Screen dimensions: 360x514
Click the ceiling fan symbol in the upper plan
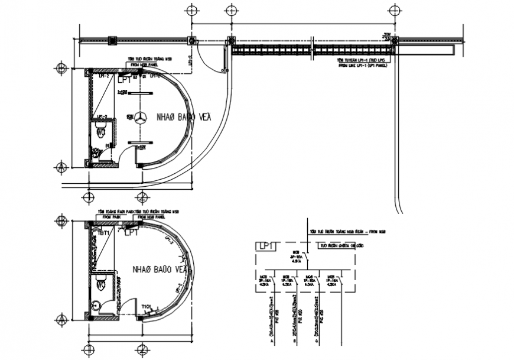click(141, 118)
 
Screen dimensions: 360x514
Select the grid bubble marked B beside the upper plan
click(60, 69)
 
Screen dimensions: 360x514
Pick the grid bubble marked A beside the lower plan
click(60, 320)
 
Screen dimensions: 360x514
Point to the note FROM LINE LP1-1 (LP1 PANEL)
click(362, 67)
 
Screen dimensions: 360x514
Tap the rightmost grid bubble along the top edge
click(394, 11)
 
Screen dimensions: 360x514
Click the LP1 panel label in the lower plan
click(131, 233)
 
